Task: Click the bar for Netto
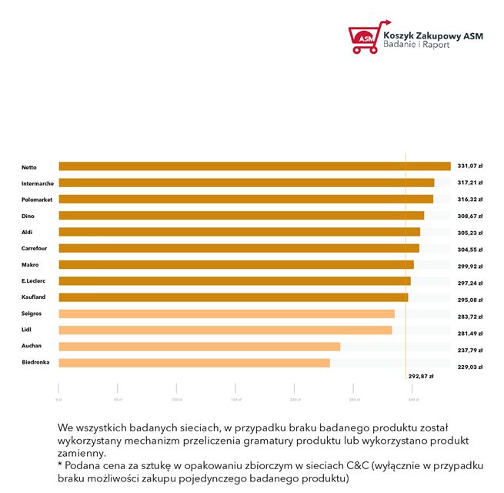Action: tap(254, 166)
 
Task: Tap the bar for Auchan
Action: tap(199, 347)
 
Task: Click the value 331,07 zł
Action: tap(469, 166)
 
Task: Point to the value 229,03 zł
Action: tap(469, 367)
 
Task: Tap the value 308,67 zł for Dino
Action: tap(469, 216)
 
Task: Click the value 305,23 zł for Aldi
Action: tap(469, 233)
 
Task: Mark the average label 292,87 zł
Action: tap(420, 377)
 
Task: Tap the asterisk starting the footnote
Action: tap(60, 466)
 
